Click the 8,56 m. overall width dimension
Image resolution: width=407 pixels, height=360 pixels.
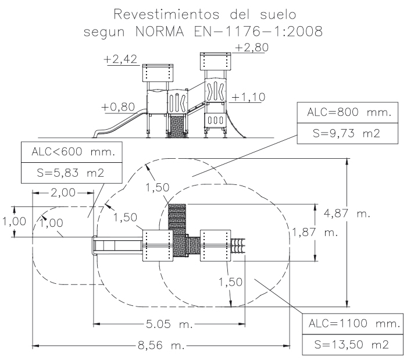160,347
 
